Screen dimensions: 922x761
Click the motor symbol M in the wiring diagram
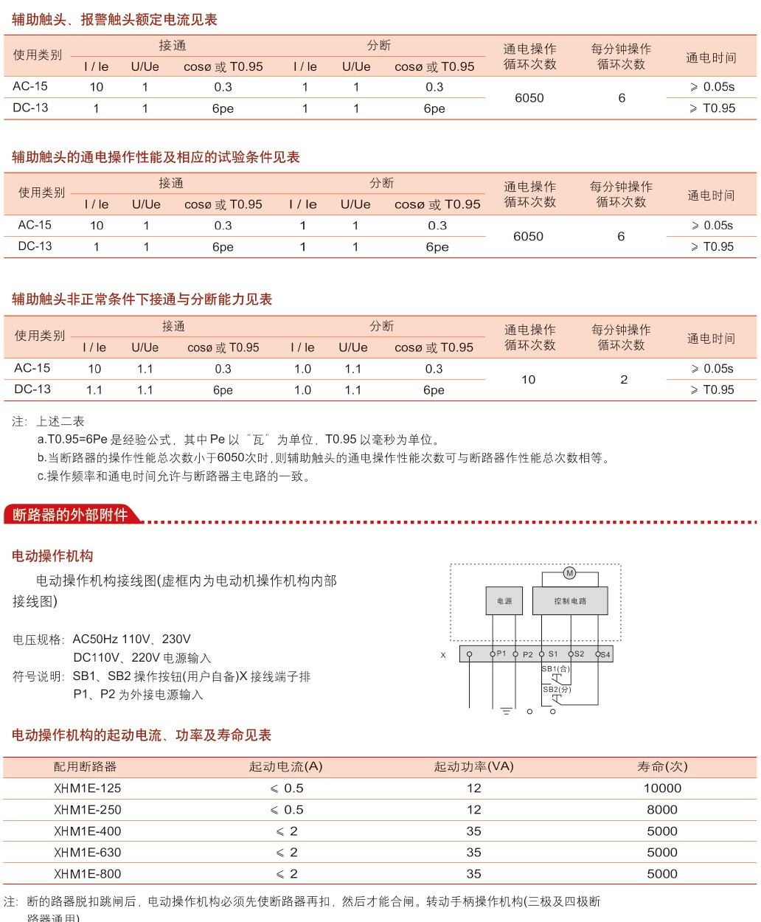pyautogui.click(x=569, y=573)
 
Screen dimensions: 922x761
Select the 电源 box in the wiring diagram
pyautogui.click(x=504, y=601)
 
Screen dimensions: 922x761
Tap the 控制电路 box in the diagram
pyautogui.click(x=570, y=601)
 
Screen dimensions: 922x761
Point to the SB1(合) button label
pyautogui.click(x=556, y=669)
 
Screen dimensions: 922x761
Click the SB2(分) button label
pyautogui.click(x=557, y=690)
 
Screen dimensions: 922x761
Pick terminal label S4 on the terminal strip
pyautogui.click(x=605, y=654)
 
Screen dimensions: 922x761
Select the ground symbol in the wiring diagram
pyautogui.click(x=506, y=711)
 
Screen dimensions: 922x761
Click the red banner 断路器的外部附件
pyautogui.click(x=70, y=515)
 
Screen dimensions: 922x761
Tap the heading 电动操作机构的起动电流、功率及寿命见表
pyautogui.click(x=142, y=735)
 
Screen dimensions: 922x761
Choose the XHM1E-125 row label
pyautogui.click(x=87, y=788)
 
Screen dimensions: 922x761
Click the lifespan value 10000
pyautogui.click(x=662, y=788)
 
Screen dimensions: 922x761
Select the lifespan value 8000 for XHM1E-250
pyautogui.click(x=662, y=810)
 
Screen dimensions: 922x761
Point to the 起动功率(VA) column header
pyautogui.click(x=473, y=767)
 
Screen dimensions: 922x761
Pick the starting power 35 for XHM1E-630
pyautogui.click(x=473, y=853)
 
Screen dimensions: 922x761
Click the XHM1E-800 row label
pyautogui.click(x=87, y=874)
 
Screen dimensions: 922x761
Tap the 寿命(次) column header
pyautogui.click(x=662, y=767)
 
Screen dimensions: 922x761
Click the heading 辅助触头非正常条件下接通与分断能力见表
pyautogui.click(x=142, y=299)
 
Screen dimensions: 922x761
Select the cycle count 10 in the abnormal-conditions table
pyautogui.click(x=528, y=380)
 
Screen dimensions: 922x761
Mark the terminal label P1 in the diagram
pyautogui.click(x=501, y=654)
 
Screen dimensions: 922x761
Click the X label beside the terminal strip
pyautogui.click(x=443, y=655)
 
